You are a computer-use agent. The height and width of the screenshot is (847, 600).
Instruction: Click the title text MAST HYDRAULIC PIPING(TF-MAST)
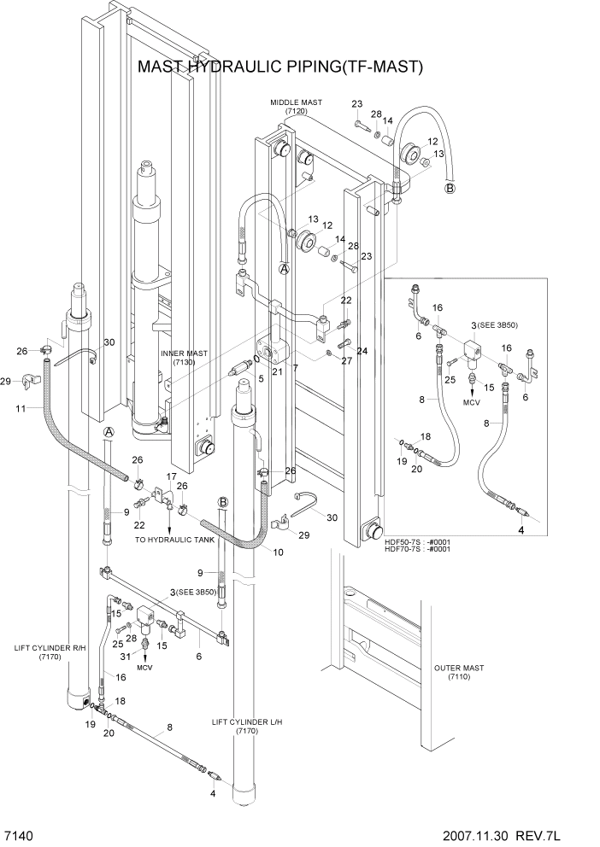[x=280, y=67]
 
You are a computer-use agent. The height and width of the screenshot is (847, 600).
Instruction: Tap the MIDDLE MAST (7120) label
[x=296, y=106]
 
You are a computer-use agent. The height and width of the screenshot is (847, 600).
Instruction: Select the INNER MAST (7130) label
[x=185, y=357]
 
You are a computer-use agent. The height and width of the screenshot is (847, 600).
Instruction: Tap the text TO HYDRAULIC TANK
[x=176, y=540]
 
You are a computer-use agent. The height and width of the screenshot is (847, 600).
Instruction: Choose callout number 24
[x=362, y=351]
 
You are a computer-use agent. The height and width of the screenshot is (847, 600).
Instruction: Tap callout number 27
[x=346, y=361]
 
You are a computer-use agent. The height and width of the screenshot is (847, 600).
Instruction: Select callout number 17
[x=171, y=476]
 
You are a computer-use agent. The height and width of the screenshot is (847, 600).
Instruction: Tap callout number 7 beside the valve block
[x=294, y=368]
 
